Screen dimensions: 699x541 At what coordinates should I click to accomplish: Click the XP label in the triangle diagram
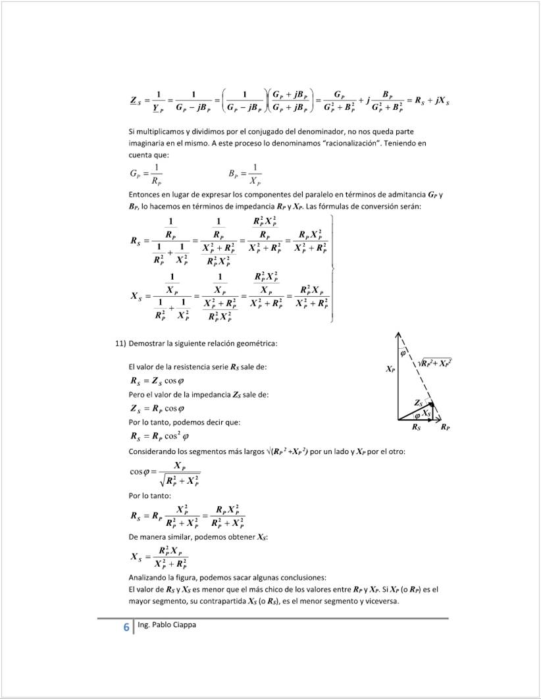(x=390, y=370)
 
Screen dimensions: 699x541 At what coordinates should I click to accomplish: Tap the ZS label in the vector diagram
(x=418, y=402)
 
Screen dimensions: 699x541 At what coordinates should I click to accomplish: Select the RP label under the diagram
(x=446, y=428)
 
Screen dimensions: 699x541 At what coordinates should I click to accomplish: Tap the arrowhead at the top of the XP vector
(x=398, y=334)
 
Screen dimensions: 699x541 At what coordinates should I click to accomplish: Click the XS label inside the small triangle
(x=427, y=413)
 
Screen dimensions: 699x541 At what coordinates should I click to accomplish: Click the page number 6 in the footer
(x=126, y=627)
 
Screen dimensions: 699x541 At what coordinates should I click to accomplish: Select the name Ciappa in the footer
(x=182, y=625)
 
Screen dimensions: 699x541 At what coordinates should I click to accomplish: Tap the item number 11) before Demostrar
(x=120, y=344)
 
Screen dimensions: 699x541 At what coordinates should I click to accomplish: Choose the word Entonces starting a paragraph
(x=145, y=195)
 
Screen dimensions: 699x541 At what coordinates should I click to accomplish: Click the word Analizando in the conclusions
(x=149, y=577)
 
